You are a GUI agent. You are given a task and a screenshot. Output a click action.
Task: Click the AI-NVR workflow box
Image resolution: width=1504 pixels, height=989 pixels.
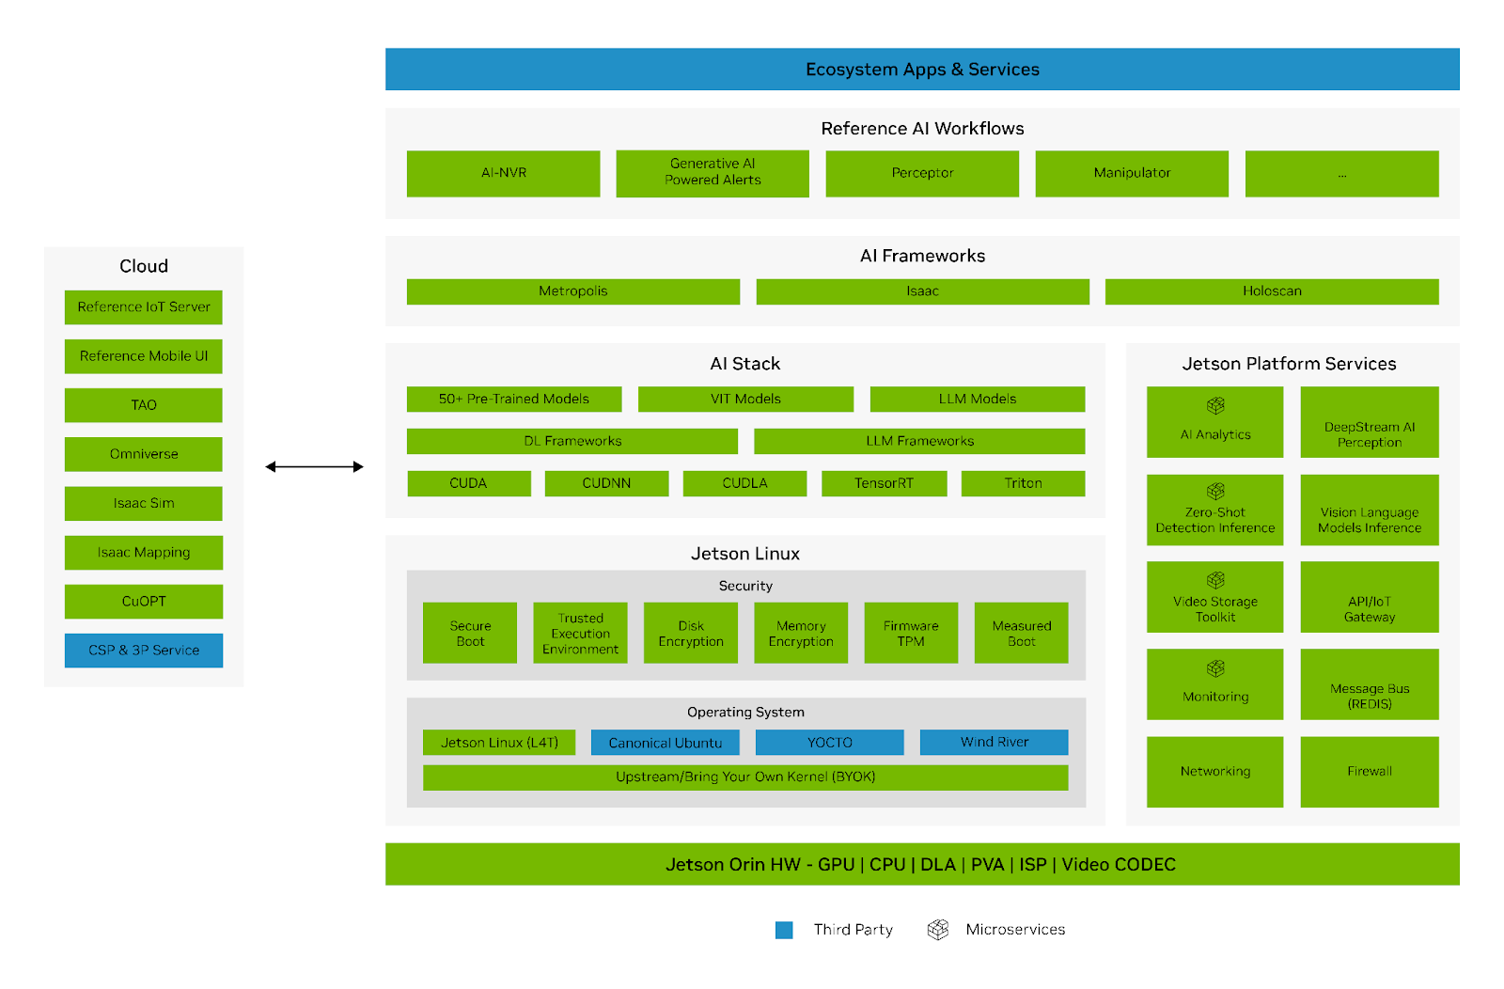pos(503,173)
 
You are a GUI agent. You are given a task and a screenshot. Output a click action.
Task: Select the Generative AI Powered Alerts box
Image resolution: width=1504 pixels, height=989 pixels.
pos(712,173)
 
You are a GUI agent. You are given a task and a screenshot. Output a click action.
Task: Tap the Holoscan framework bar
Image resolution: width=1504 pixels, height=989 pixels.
pos(1271,291)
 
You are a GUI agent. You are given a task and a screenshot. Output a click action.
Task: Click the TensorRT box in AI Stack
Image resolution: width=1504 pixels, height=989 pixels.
pos(884,483)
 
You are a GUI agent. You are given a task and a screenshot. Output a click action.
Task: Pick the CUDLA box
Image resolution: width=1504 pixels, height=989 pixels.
pos(744,483)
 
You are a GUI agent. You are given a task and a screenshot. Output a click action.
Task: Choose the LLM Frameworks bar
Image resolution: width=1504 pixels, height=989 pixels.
pos(918,441)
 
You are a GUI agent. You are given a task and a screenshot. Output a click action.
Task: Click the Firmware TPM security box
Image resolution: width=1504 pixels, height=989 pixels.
pos(910,634)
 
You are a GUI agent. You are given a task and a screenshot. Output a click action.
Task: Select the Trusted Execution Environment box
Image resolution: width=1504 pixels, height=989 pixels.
pos(580,634)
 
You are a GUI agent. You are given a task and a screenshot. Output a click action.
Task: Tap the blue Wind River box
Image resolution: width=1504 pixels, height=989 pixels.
pos(994,743)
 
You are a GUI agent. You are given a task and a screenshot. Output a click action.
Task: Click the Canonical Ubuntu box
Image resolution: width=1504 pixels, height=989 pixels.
pos(665,743)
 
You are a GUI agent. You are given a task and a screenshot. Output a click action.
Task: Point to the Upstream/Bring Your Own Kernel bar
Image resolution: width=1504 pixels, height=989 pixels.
pos(744,777)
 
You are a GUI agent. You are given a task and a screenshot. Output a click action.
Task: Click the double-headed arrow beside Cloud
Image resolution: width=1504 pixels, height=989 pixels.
pos(314,466)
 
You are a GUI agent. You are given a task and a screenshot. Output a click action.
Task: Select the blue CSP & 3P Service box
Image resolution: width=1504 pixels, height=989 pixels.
pos(144,651)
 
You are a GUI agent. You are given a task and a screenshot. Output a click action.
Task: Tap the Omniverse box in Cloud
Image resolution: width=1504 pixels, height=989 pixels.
pos(144,454)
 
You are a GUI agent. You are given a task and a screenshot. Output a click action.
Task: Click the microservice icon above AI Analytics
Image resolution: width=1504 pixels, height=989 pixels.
pos(1215,405)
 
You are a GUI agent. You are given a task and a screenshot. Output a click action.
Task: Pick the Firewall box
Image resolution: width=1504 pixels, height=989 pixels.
pos(1369,772)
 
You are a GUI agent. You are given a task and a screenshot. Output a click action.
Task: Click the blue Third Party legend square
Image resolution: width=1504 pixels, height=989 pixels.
pos(784,930)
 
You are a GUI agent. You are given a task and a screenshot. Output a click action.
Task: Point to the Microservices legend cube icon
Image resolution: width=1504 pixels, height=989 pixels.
pos(937,930)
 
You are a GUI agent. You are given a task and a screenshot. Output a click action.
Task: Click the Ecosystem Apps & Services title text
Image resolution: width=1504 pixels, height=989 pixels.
pos(921,70)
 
